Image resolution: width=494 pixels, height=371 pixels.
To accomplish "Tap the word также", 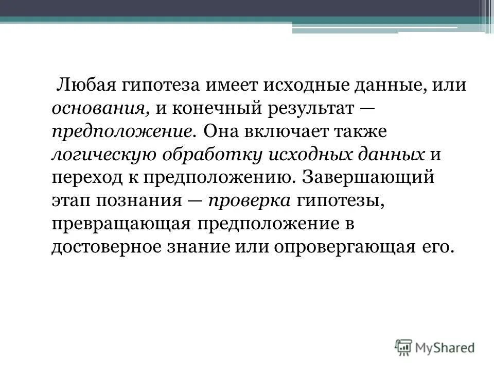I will tap(370, 131).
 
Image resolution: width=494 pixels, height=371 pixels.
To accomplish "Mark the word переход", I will tap(84, 177).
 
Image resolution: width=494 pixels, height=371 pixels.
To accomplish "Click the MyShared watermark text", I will tap(445, 347).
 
